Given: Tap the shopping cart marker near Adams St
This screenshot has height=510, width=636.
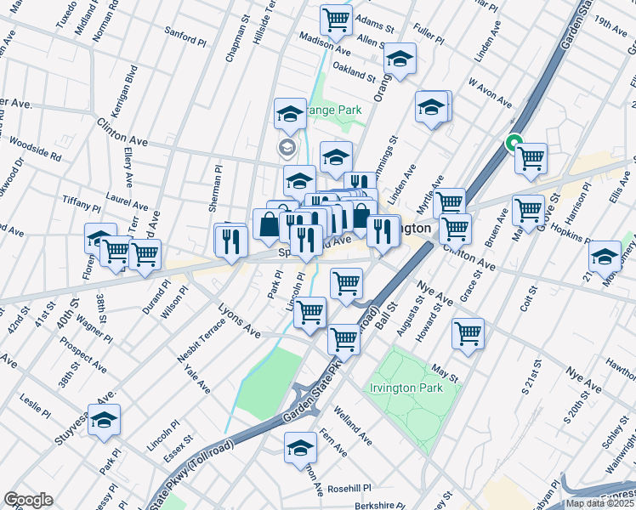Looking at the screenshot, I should tap(337, 20).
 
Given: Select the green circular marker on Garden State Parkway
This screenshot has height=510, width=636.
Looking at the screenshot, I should tap(514, 144).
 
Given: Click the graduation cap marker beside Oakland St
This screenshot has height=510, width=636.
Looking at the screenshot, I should tap(399, 59).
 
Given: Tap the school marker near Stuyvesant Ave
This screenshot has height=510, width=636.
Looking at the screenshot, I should tap(104, 419).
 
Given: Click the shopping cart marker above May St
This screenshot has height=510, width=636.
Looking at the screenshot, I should tap(468, 332).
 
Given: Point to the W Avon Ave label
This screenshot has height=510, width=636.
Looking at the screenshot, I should tap(490, 93).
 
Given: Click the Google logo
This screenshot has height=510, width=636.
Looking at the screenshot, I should tap(29, 499).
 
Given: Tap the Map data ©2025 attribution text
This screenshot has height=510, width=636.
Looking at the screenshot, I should tap(599, 503).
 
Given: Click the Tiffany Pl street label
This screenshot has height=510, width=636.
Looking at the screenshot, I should tap(82, 202).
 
